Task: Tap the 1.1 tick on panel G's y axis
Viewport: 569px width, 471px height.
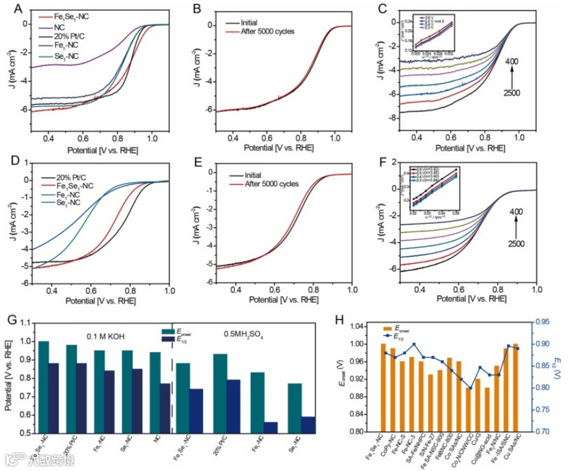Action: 27,322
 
